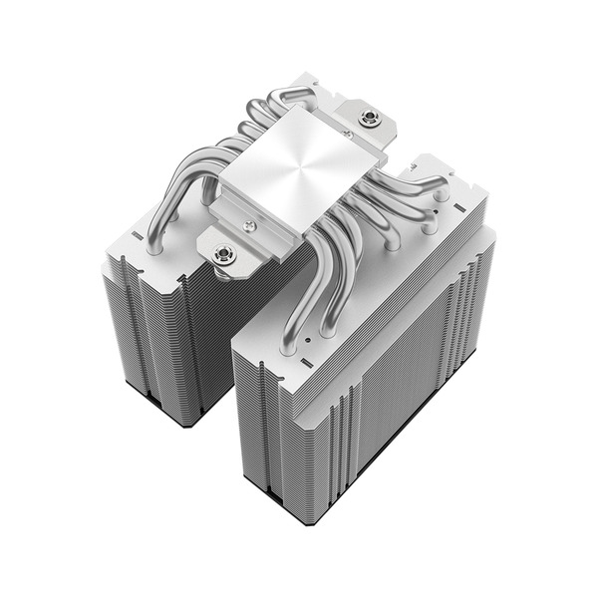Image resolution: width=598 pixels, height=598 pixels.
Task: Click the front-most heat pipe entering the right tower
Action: coord(288,329)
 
